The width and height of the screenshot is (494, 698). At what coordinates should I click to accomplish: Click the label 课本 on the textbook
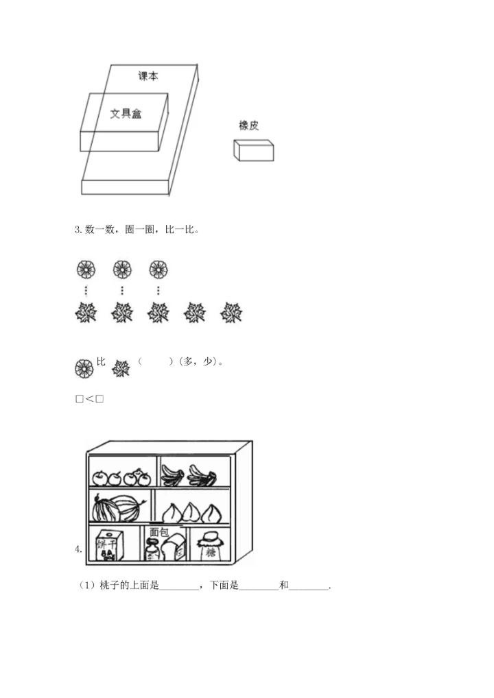tap(148, 76)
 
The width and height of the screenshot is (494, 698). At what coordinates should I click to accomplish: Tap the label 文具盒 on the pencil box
tap(126, 113)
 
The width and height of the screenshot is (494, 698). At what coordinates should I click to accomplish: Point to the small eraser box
tap(253, 150)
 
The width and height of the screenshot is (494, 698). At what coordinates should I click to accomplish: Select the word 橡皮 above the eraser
tap(248, 125)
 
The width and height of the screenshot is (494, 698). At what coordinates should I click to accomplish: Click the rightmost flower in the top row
tap(158, 269)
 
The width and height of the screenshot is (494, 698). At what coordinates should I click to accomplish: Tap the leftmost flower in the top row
tap(86, 269)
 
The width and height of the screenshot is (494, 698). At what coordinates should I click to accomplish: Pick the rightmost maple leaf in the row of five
tap(231, 313)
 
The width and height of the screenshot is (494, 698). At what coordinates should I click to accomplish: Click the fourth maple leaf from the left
tap(195, 313)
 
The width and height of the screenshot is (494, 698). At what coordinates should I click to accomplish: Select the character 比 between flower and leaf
tap(101, 361)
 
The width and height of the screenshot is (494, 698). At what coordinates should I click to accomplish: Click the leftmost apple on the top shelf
tap(100, 477)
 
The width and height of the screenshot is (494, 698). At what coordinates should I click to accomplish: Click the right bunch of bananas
tap(202, 475)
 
